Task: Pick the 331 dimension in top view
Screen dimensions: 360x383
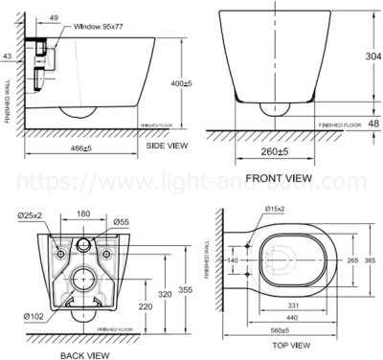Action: pyautogui.click(x=291, y=305)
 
